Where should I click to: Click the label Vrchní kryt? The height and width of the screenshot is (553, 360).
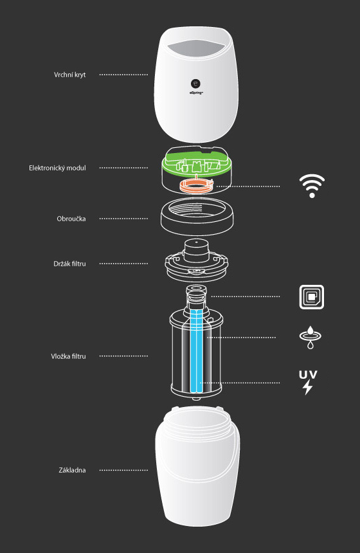(x=70, y=75)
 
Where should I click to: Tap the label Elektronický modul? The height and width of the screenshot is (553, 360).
(x=57, y=168)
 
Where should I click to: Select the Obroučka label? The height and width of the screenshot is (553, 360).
(x=71, y=219)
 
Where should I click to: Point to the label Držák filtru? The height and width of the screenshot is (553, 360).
(x=70, y=264)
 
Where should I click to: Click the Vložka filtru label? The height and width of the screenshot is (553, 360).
(x=68, y=356)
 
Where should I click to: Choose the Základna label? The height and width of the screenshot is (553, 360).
(x=72, y=470)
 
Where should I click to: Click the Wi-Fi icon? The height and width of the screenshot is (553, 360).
(x=312, y=186)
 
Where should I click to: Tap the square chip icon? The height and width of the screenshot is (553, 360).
(x=312, y=297)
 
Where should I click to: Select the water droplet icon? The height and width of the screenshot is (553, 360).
(x=310, y=338)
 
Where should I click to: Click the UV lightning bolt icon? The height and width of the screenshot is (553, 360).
(x=308, y=383)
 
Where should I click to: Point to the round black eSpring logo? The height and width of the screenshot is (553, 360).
(x=195, y=84)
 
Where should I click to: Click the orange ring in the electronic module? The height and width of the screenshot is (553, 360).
(x=197, y=185)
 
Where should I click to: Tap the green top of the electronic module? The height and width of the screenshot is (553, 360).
(x=197, y=161)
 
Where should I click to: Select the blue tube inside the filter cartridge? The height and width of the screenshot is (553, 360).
(x=197, y=351)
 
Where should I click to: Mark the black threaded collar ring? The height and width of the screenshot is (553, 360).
(x=197, y=216)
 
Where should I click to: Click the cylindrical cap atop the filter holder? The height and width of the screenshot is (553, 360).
(x=197, y=250)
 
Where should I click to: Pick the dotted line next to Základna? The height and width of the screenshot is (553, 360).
(x=123, y=470)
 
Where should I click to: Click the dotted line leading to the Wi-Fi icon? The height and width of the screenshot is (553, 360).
(x=248, y=186)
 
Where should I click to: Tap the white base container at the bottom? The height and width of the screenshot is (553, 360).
(x=197, y=466)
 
